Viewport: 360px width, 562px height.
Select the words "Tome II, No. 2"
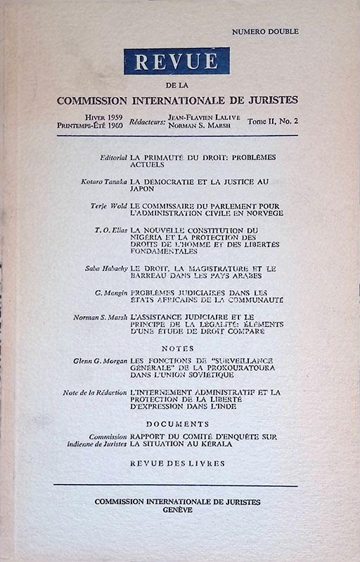pyautogui.click(x=273, y=121)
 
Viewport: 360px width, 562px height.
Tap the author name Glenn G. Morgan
pyautogui.click(x=100, y=360)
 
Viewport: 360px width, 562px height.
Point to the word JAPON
pyautogui.click(x=143, y=188)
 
